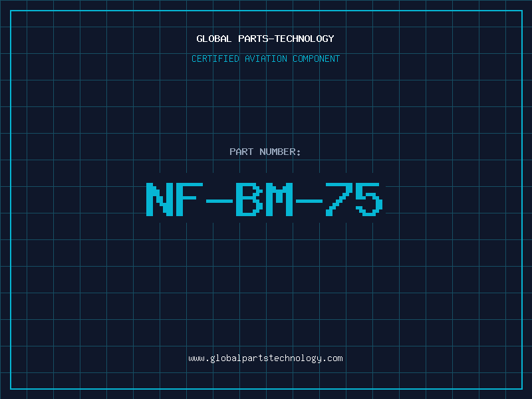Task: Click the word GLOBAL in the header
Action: (214, 39)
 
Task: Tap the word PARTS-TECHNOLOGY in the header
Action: (286, 39)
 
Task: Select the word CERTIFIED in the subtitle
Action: (215, 59)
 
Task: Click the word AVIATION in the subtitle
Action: (266, 59)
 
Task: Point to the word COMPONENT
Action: (317, 59)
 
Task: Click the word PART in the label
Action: (241, 152)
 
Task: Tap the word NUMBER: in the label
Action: (280, 152)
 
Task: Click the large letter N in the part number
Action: (160, 199)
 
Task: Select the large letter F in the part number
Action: (190, 199)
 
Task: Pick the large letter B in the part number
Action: (249, 199)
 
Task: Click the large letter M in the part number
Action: (279, 199)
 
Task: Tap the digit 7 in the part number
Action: (339, 199)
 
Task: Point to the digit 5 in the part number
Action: (369, 199)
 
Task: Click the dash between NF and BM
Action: (219, 201)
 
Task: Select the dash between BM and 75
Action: (309, 201)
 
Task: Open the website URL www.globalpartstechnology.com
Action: (265, 358)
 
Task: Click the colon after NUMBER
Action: (299, 153)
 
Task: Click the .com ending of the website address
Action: (335, 359)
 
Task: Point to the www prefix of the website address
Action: (197, 359)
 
